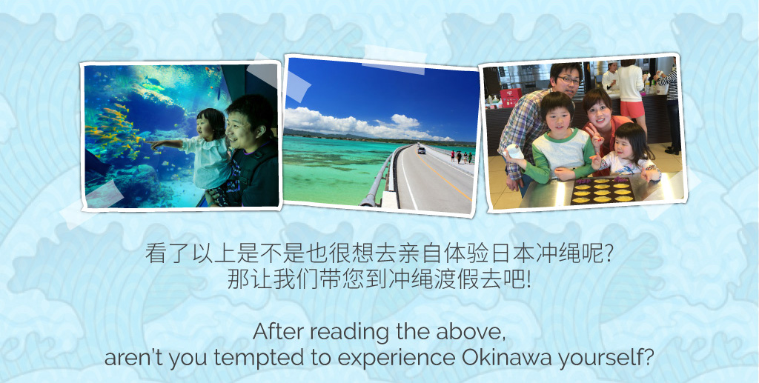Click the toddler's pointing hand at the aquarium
(155, 144)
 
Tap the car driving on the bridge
(422, 150)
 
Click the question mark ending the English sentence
(649, 358)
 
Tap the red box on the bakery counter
(511, 97)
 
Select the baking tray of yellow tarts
(603, 191)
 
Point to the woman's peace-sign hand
(596, 136)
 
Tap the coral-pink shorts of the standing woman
(632, 109)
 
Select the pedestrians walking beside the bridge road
(461, 157)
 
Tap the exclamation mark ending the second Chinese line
(528, 279)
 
